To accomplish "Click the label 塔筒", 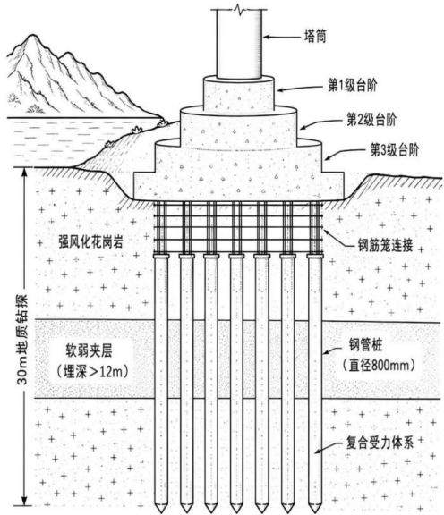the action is coord(315,36).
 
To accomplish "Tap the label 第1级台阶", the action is coord(352,85).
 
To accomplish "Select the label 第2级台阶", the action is coord(371,120).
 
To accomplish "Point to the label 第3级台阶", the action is coord(395,150).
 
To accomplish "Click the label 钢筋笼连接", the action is coord(385,245).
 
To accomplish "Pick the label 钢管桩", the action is coord(365,345).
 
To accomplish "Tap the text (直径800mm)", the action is coord(379,365).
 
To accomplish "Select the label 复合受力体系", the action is coord(380,443).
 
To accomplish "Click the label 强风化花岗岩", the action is coord(90,241).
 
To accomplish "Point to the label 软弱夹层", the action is coord(89,350).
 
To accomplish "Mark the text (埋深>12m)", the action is coord(92,371).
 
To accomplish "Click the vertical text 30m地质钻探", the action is coord(23,339).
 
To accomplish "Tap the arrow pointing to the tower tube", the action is coord(282,37).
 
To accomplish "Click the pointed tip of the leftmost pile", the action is coord(160,511).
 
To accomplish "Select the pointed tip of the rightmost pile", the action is coord(314,511).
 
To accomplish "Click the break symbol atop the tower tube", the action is coord(238,11).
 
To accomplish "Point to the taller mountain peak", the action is coord(31,36).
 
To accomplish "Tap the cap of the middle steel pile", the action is coord(236,256).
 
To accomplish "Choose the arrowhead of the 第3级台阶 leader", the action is coord(328,157).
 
